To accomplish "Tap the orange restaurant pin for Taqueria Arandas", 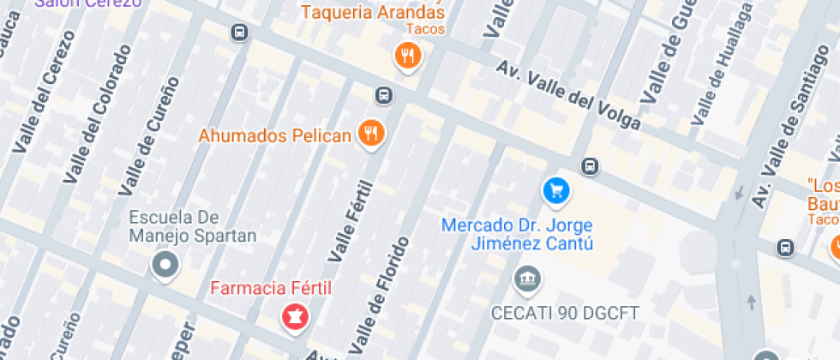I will (x=408, y=57).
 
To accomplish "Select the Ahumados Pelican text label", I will (x=275, y=135).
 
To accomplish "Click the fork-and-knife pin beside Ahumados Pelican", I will (x=371, y=133).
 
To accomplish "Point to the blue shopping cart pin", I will (x=556, y=190).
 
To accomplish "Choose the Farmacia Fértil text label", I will (x=271, y=287).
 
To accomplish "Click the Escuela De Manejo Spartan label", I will (x=193, y=226).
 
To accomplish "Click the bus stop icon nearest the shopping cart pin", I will (x=590, y=165).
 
